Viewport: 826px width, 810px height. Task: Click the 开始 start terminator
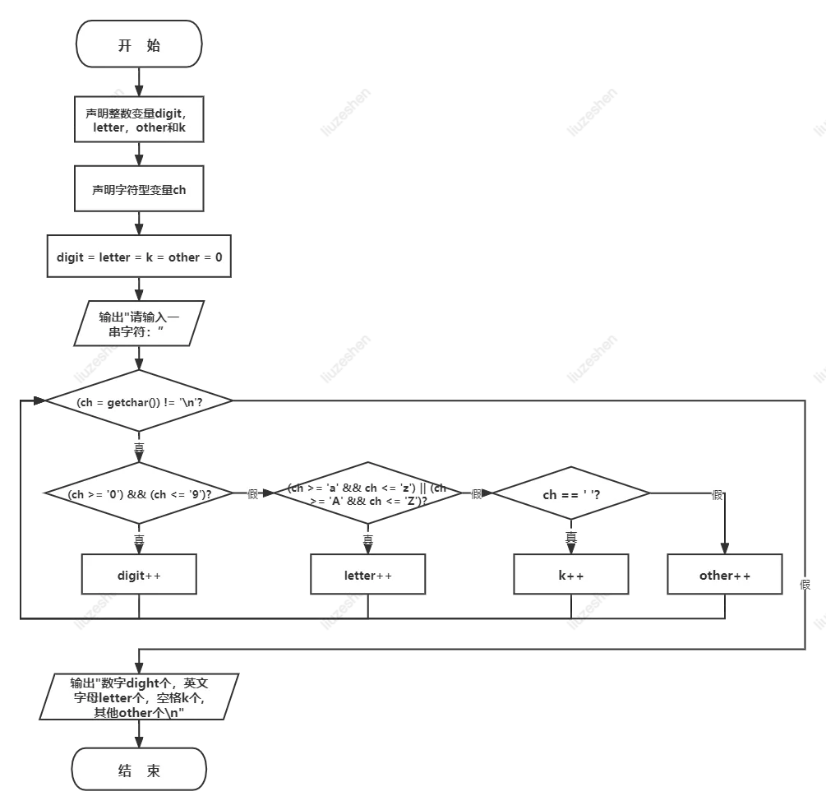139,44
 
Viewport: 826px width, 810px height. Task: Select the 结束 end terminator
139,771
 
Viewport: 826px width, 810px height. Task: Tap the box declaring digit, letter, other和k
138,120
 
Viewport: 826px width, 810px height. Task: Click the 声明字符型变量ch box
139,189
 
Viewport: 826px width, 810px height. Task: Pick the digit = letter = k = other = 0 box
139,257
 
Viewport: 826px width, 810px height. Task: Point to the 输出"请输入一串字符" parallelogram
138,324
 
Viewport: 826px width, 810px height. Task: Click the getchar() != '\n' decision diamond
139,401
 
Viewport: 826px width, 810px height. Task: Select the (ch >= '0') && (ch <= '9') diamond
139,494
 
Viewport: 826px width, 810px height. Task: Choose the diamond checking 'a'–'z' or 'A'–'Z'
367,494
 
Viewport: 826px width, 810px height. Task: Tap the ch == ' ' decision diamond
571,494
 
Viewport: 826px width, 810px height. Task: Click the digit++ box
139,575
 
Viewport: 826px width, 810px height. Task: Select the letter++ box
367,575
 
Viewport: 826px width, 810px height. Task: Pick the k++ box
571,575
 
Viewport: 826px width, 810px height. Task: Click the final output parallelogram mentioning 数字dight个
139,697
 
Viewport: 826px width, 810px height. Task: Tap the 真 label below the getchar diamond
139,447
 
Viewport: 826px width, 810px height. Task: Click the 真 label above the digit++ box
139,539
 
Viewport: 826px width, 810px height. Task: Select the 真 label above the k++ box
571,536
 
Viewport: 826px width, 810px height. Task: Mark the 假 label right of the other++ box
805,584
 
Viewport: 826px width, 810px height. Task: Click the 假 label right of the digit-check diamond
252,494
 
